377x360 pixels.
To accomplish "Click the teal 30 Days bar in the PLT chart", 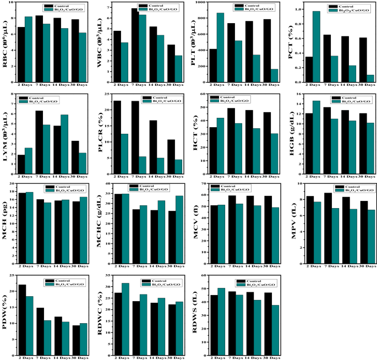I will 274,76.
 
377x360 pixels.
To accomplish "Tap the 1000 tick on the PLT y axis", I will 201,3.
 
